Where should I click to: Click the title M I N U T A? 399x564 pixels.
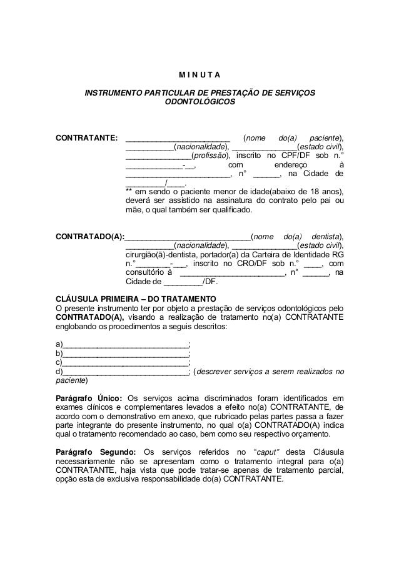(199, 77)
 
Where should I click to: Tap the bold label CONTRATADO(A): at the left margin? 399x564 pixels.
(90, 237)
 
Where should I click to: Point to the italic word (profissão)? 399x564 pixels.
(210, 155)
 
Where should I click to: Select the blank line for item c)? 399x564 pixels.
(125, 362)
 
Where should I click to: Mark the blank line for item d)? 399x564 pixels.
(125, 372)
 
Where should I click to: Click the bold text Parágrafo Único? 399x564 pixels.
(88, 398)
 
